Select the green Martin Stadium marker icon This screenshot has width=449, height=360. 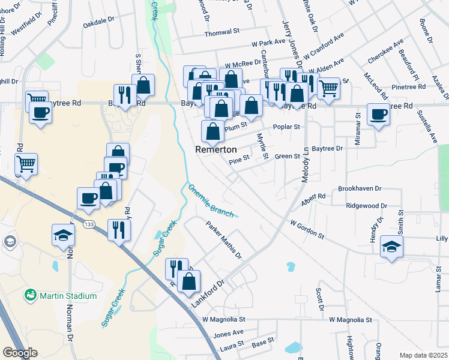click(29, 295)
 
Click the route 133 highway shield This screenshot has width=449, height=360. click(89, 224)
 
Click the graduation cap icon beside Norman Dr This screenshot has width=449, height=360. click(63, 235)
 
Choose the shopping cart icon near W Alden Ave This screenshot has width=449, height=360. click(328, 88)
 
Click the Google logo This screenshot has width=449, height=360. click(20, 353)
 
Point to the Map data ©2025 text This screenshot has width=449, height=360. click(423, 355)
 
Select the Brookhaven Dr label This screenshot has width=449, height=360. click(360, 188)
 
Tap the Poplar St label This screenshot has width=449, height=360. click(286, 127)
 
